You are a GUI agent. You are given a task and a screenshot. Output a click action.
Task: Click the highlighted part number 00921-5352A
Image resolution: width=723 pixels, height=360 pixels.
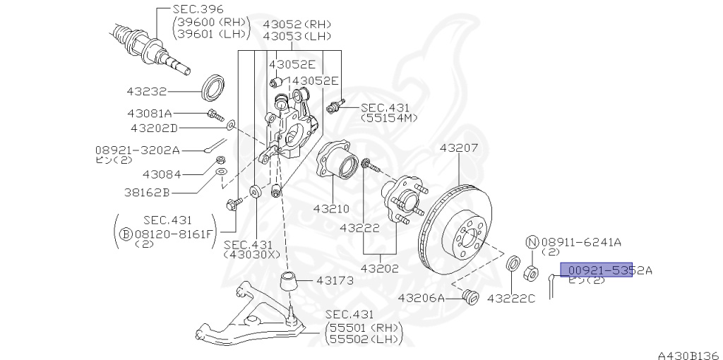[597, 270]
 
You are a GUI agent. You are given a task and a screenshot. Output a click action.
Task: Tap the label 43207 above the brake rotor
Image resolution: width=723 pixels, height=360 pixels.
[459, 148]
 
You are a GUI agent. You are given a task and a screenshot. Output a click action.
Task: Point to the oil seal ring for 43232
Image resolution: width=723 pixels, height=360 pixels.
[213, 87]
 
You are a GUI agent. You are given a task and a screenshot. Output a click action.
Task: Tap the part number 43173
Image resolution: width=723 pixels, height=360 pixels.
[335, 280]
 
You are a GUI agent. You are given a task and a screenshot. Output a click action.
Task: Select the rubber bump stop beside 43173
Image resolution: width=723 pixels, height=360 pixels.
[289, 283]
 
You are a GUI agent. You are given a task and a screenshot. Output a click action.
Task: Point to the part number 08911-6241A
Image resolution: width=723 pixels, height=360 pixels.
[581, 242]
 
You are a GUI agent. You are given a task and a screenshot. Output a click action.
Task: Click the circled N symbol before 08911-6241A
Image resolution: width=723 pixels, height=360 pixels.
[532, 242]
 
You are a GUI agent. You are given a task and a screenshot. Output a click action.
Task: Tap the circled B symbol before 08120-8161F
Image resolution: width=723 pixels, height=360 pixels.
[125, 233]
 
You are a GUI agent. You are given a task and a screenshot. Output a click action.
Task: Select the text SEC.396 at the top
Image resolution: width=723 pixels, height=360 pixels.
[198, 10]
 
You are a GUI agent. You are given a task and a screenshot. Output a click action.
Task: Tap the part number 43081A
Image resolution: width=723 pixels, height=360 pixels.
[150, 113]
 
